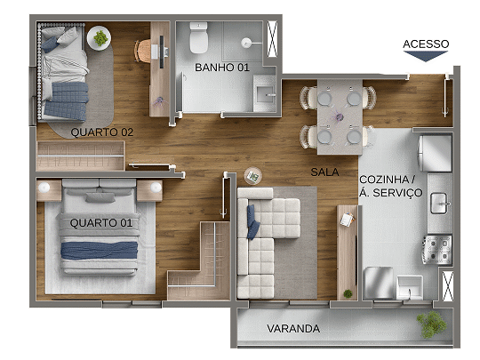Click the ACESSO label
(426, 44)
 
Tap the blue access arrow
(426, 56)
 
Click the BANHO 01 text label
(221, 68)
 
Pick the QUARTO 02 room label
(102, 132)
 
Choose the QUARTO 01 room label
(100, 222)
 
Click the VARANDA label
(293, 329)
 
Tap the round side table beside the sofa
(252, 175)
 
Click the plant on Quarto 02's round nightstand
(99, 38)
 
